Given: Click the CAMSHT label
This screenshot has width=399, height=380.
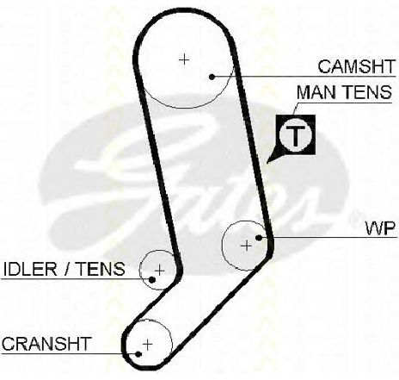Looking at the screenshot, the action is [357, 66].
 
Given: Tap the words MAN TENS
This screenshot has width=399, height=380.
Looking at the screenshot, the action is [344, 92].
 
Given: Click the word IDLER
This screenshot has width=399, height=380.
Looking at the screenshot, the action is [30, 269].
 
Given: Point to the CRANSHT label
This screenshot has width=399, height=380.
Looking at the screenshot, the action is [46, 344].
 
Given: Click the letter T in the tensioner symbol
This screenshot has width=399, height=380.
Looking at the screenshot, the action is [296, 135].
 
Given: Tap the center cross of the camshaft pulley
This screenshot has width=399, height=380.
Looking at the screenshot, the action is [184, 59].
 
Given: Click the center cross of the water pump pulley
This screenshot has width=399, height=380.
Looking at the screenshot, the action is [246, 246].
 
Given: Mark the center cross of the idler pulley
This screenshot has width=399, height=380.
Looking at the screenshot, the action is [159, 271].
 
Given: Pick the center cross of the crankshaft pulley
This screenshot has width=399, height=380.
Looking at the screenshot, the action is [147, 344].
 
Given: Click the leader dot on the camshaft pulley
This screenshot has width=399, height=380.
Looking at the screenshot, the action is [212, 77].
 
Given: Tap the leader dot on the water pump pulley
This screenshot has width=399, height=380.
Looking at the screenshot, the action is [259, 238].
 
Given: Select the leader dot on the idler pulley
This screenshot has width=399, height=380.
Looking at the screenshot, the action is [152, 279].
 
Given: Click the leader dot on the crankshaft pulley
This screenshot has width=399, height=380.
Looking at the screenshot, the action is [138, 354].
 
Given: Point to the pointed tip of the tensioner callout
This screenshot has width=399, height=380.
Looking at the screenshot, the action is [267, 163].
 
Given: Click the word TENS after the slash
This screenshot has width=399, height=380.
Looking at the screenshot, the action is [101, 269].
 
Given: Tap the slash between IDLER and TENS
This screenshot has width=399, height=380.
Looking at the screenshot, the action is [67, 269].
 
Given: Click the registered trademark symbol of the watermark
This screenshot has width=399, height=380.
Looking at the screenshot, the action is [353, 218].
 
